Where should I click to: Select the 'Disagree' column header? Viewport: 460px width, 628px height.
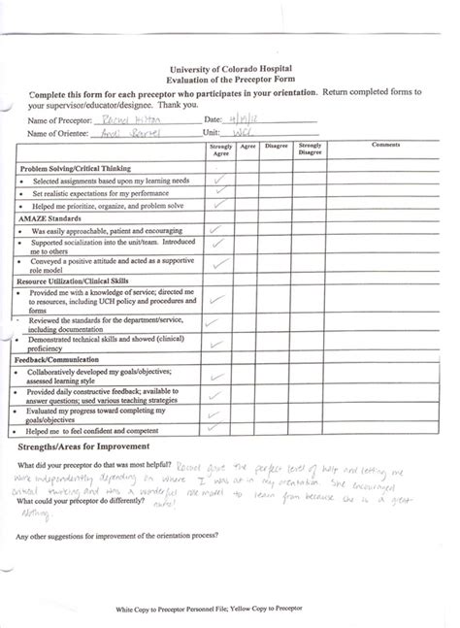pos(277,146)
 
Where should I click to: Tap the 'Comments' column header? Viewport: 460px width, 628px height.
pos(386,146)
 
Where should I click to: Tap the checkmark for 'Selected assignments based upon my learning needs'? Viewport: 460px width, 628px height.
pos(221,180)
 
